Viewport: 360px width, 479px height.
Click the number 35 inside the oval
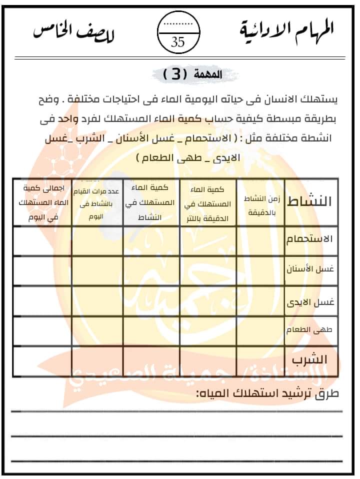click(178, 42)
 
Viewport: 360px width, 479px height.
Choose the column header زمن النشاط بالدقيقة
click(260, 202)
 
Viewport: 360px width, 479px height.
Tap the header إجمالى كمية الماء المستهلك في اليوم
click(41, 202)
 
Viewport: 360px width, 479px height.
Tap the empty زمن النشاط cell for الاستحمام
click(260, 240)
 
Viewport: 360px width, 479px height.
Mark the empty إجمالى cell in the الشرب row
click(41, 363)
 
